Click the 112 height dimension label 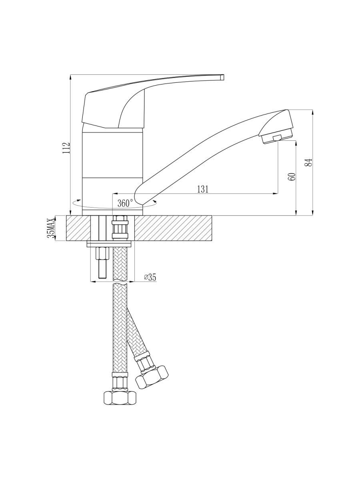pos(66,148)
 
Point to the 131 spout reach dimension pos(203,189)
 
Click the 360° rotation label pos(125,203)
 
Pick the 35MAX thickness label pos(51,228)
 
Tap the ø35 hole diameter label pos(150,277)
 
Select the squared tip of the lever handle pos(222,77)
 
